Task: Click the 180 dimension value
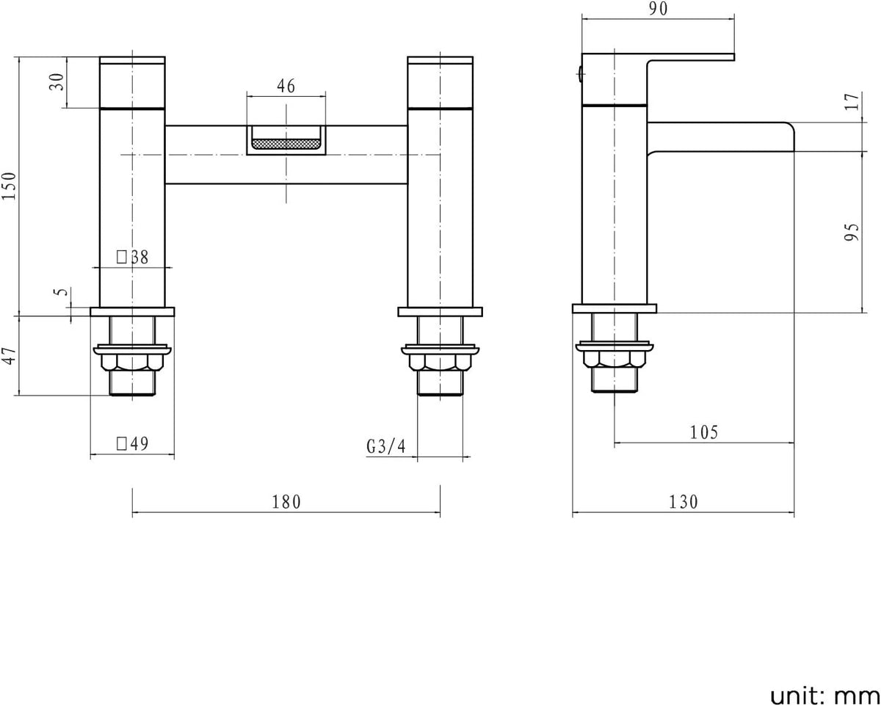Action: pyautogui.click(x=286, y=502)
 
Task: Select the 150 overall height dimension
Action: pyautogui.click(x=10, y=186)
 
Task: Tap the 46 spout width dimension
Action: pyautogui.click(x=286, y=86)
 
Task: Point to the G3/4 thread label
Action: pyautogui.click(x=386, y=446)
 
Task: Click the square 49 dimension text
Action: pyautogui.click(x=133, y=443)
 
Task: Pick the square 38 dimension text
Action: pyautogui.click(x=133, y=257)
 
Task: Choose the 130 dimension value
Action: pyautogui.click(x=684, y=502)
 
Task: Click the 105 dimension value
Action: pyautogui.click(x=704, y=432)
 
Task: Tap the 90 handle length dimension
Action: pyautogui.click(x=659, y=9)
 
